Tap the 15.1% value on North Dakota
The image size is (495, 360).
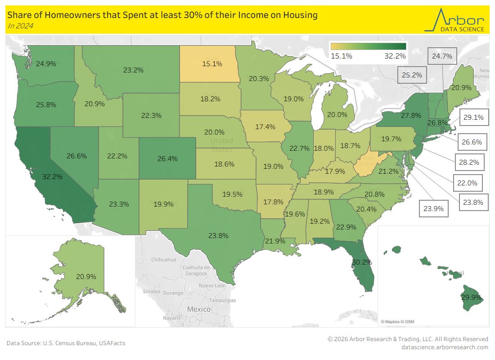point(212,64)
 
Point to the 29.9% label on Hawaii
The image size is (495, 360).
point(471,297)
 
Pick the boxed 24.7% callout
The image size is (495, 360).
point(441,56)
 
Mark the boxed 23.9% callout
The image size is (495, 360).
point(433,209)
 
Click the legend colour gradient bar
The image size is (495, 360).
point(368,46)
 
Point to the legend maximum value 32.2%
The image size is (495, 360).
point(395,56)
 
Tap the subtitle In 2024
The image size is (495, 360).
point(20,26)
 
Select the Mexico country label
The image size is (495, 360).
point(199,309)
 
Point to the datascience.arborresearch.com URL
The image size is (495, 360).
point(445,347)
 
